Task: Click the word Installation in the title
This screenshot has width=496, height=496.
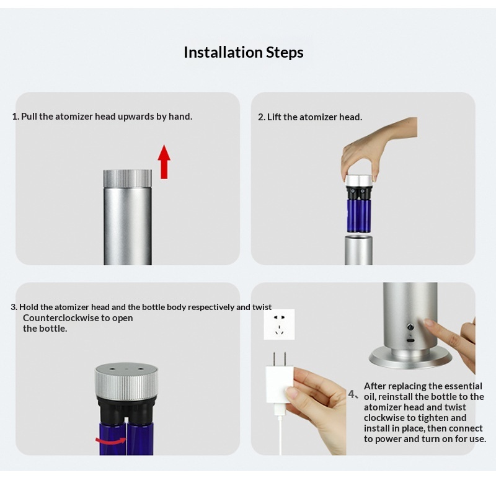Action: pos(223,52)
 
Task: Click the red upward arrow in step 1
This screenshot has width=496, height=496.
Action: pos(164,162)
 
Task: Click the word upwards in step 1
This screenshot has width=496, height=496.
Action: pos(136,117)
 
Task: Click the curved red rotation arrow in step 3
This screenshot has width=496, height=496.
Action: pos(111,440)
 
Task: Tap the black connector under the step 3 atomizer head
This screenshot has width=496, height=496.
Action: pos(126,410)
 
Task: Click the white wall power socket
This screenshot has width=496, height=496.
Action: pos(279,324)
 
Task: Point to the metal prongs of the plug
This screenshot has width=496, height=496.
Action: pos(280,359)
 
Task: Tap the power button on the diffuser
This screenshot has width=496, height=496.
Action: pos(410,327)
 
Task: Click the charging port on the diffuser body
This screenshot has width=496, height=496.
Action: pos(410,341)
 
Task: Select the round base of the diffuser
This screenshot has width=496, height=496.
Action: pos(410,359)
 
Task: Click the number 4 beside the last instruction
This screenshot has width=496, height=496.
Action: pos(352,394)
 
